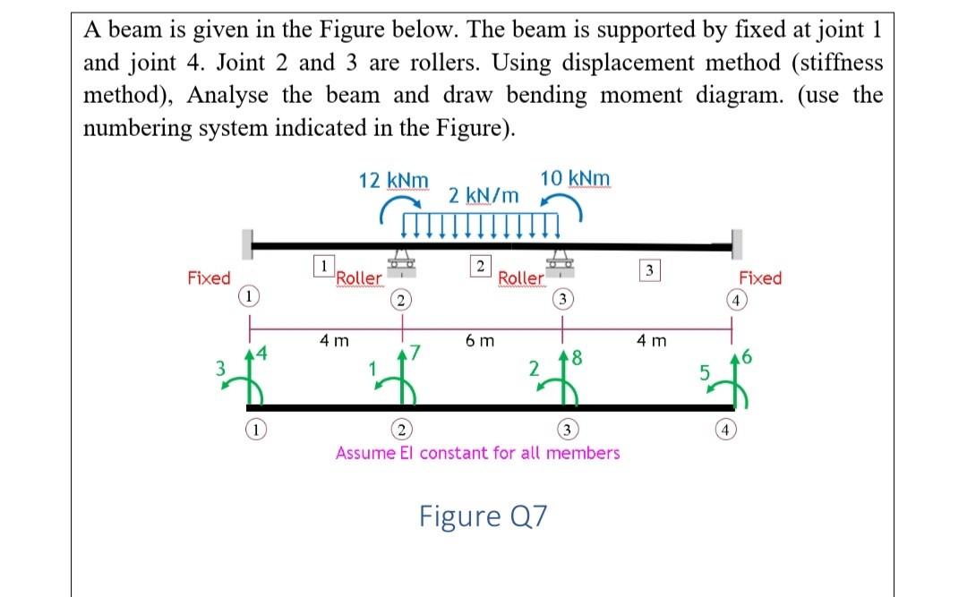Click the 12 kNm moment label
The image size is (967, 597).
point(393,180)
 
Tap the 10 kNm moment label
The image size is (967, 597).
point(576,177)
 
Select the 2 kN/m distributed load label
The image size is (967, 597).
point(483,194)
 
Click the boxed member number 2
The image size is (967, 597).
point(481,265)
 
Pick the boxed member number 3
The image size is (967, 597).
point(652,270)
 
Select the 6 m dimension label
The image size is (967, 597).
point(480,341)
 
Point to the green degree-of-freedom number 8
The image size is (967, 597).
point(576,360)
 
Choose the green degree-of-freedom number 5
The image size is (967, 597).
point(704,369)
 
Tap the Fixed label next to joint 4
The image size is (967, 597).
point(760,278)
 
